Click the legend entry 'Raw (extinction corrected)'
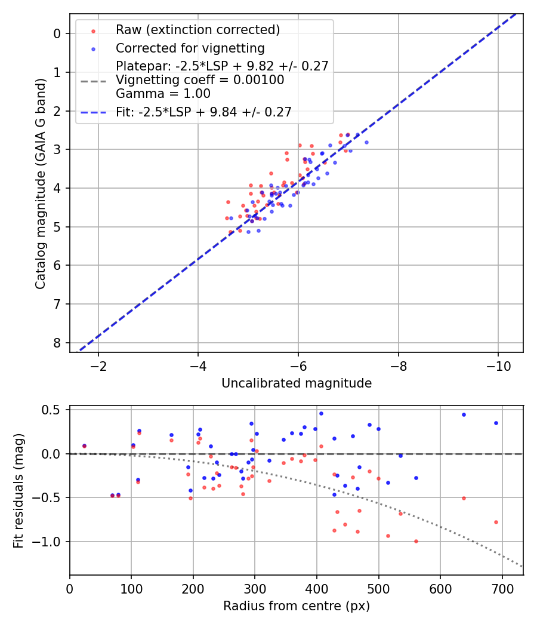point(197,30)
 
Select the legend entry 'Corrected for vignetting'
point(190,48)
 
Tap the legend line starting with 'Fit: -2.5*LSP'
point(203,112)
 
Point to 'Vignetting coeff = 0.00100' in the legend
point(200,80)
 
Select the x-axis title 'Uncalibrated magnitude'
point(297,383)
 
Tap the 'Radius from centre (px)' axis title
point(297,606)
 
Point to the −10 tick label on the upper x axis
point(498,365)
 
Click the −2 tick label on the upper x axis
point(99,365)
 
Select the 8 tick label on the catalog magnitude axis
point(57,343)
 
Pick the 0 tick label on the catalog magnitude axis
point(57,33)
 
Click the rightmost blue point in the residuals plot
point(496,423)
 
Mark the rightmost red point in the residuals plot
point(496,522)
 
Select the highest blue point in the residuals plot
point(321,413)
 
